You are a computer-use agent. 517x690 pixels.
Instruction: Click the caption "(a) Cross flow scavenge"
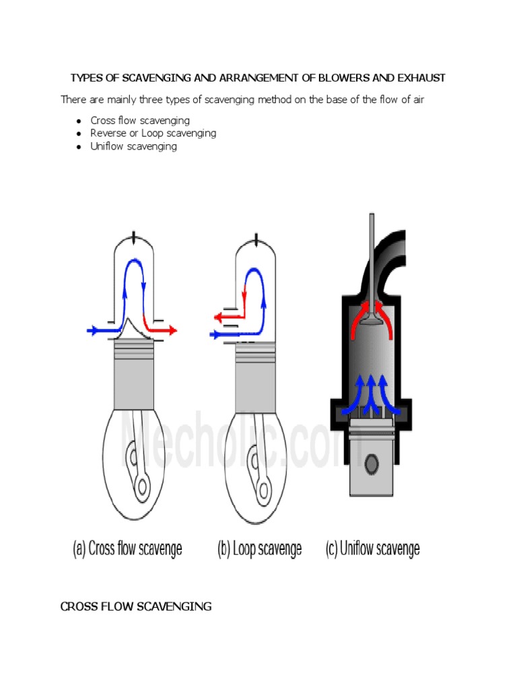coord(127,548)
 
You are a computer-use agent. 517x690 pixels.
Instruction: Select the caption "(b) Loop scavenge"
coord(259,548)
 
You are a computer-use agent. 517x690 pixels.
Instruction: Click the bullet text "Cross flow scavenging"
coord(140,121)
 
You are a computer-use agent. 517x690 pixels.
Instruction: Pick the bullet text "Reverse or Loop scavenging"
coord(153,133)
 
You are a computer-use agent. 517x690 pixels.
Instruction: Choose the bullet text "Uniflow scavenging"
coord(133,146)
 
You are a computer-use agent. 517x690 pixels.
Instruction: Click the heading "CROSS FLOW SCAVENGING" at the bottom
coord(136,606)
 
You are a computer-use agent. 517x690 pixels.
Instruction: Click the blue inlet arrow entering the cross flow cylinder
coord(98,330)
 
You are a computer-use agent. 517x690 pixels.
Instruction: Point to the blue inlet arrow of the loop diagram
coord(219,334)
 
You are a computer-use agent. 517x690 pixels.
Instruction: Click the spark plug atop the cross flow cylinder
coord(135,237)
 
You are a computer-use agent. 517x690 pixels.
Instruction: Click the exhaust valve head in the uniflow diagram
coord(371,323)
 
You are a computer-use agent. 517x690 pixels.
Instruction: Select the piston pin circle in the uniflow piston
coord(371,464)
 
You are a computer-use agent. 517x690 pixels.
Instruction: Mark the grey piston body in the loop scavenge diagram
coord(256,384)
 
